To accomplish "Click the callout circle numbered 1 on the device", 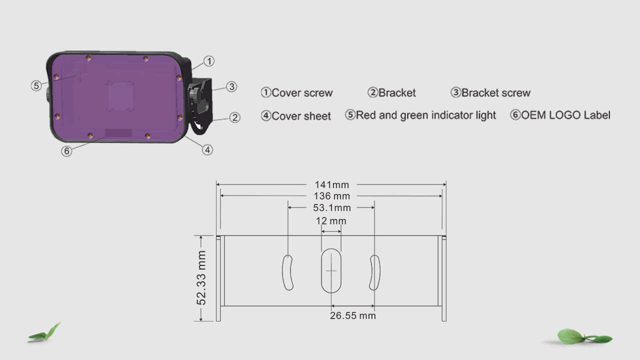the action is coord(209,61).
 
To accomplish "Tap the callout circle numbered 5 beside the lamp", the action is coord(36,85).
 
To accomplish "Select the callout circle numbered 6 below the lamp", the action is coord(66,151).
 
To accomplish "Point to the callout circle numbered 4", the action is coord(207,150).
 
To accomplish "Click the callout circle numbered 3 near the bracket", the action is coord(231,86).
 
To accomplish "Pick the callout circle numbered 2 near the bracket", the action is coord(235,117).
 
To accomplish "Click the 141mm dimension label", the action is coord(331,185).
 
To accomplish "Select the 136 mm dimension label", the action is coord(331,196).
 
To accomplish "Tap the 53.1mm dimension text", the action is coord(331,207).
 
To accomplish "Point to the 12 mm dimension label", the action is coord(331,221).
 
